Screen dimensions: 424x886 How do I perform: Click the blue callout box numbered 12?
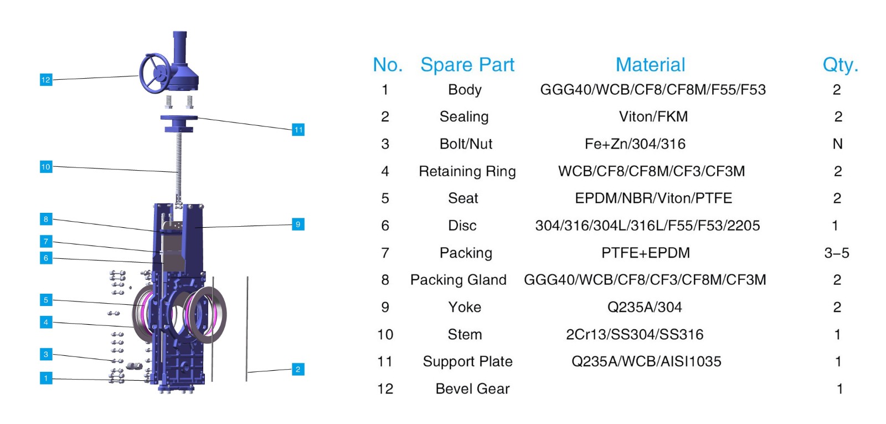coord(46,80)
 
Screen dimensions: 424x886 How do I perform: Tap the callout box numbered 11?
coord(298,130)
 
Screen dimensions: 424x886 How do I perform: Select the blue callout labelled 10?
coord(46,167)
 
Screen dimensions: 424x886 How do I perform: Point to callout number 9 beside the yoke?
coord(298,224)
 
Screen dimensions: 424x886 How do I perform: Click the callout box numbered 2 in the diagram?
coord(298,369)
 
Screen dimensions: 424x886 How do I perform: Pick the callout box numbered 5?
coord(46,300)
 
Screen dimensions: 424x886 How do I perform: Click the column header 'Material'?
coord(650,65)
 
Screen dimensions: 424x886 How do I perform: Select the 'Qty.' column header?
coord(840,65)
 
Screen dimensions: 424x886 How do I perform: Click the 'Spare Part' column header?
coord(467,65)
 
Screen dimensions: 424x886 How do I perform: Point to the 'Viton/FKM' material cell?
coord(653,116)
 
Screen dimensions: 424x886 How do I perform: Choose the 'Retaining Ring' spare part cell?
coord(467,171)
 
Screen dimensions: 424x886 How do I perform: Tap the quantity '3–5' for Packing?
coord(837,253)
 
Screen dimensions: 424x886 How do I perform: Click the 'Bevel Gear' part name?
coord(472,389)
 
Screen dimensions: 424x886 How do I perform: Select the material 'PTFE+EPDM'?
coord(646,253)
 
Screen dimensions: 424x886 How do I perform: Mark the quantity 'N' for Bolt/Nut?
coord(837,144)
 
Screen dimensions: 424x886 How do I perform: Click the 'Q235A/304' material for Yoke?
coord(645,307)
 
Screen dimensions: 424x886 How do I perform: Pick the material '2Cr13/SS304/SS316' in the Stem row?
coord(635,334)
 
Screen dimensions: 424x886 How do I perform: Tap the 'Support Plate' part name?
coord(467,361)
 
